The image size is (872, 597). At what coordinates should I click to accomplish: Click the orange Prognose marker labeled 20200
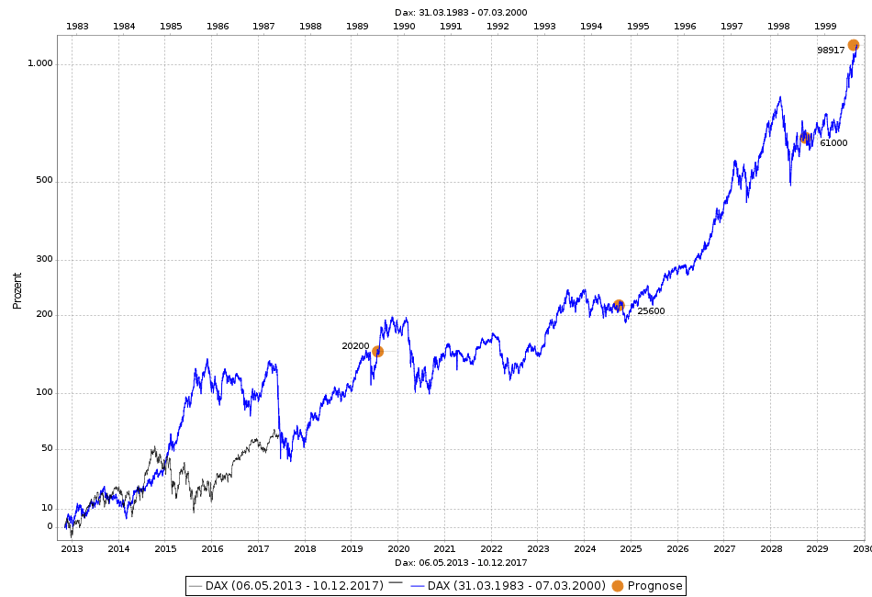[377, 351]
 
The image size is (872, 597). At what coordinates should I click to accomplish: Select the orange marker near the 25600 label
[619, 305]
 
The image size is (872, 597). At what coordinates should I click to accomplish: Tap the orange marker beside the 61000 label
[807, 138]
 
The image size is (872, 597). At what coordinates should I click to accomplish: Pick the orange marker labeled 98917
[853, 45]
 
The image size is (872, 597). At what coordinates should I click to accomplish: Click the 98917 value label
[831, 51]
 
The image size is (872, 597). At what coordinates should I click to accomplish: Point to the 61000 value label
[833, 143]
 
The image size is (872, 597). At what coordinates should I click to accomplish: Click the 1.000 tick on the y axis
[40, 63]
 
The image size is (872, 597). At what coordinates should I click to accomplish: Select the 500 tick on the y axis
[44, 180]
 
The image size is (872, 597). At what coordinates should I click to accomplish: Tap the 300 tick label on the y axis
[44, 259]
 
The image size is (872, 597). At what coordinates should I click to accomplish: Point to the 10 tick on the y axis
[47, 508]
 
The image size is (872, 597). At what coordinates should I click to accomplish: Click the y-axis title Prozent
[17, 290]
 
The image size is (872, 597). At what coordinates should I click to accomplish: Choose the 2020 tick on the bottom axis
[397, 549]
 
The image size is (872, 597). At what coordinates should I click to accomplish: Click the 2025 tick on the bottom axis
[631, 549]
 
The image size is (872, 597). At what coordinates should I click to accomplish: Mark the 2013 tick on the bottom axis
[72, 549]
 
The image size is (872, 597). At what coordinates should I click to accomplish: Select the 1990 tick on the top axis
[404, 26]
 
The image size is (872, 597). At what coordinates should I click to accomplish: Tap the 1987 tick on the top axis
[263, 26]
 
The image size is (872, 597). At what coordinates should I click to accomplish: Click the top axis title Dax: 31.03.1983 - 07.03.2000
[461, 12]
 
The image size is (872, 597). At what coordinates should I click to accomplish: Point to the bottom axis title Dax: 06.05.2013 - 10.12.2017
[461, 562]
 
